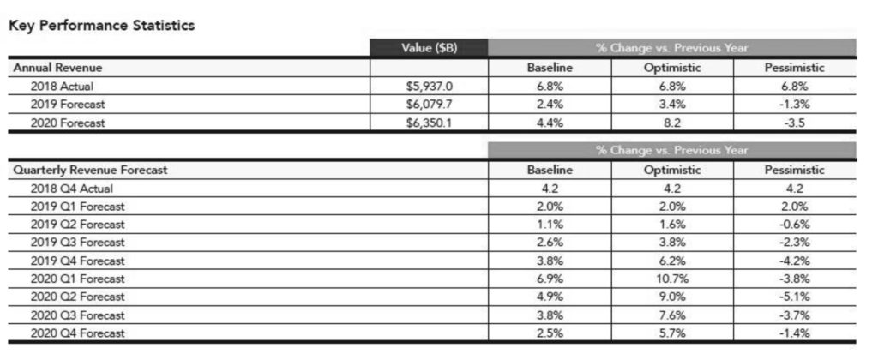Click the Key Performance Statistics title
click(102, 26)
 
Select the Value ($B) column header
click(429, 48)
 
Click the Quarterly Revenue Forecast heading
click(90, 170)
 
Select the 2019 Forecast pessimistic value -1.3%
click(794, 104)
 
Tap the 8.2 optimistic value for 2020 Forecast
click(672, 123)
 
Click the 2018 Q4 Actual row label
click(71, 189)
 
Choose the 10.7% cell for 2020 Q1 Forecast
click(672, 279)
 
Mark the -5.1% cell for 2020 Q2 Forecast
click(794, 297)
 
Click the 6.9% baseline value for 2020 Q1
click(550, 279)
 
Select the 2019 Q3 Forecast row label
click(77, 243)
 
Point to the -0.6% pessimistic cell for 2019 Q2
click(794, 225)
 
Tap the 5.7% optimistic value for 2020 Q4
click(672, 333)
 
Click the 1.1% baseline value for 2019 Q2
click(550, 225)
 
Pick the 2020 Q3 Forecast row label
click(77, 315)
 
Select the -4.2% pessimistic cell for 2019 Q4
click(794, 261)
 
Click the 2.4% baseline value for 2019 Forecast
click(550, 104)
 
